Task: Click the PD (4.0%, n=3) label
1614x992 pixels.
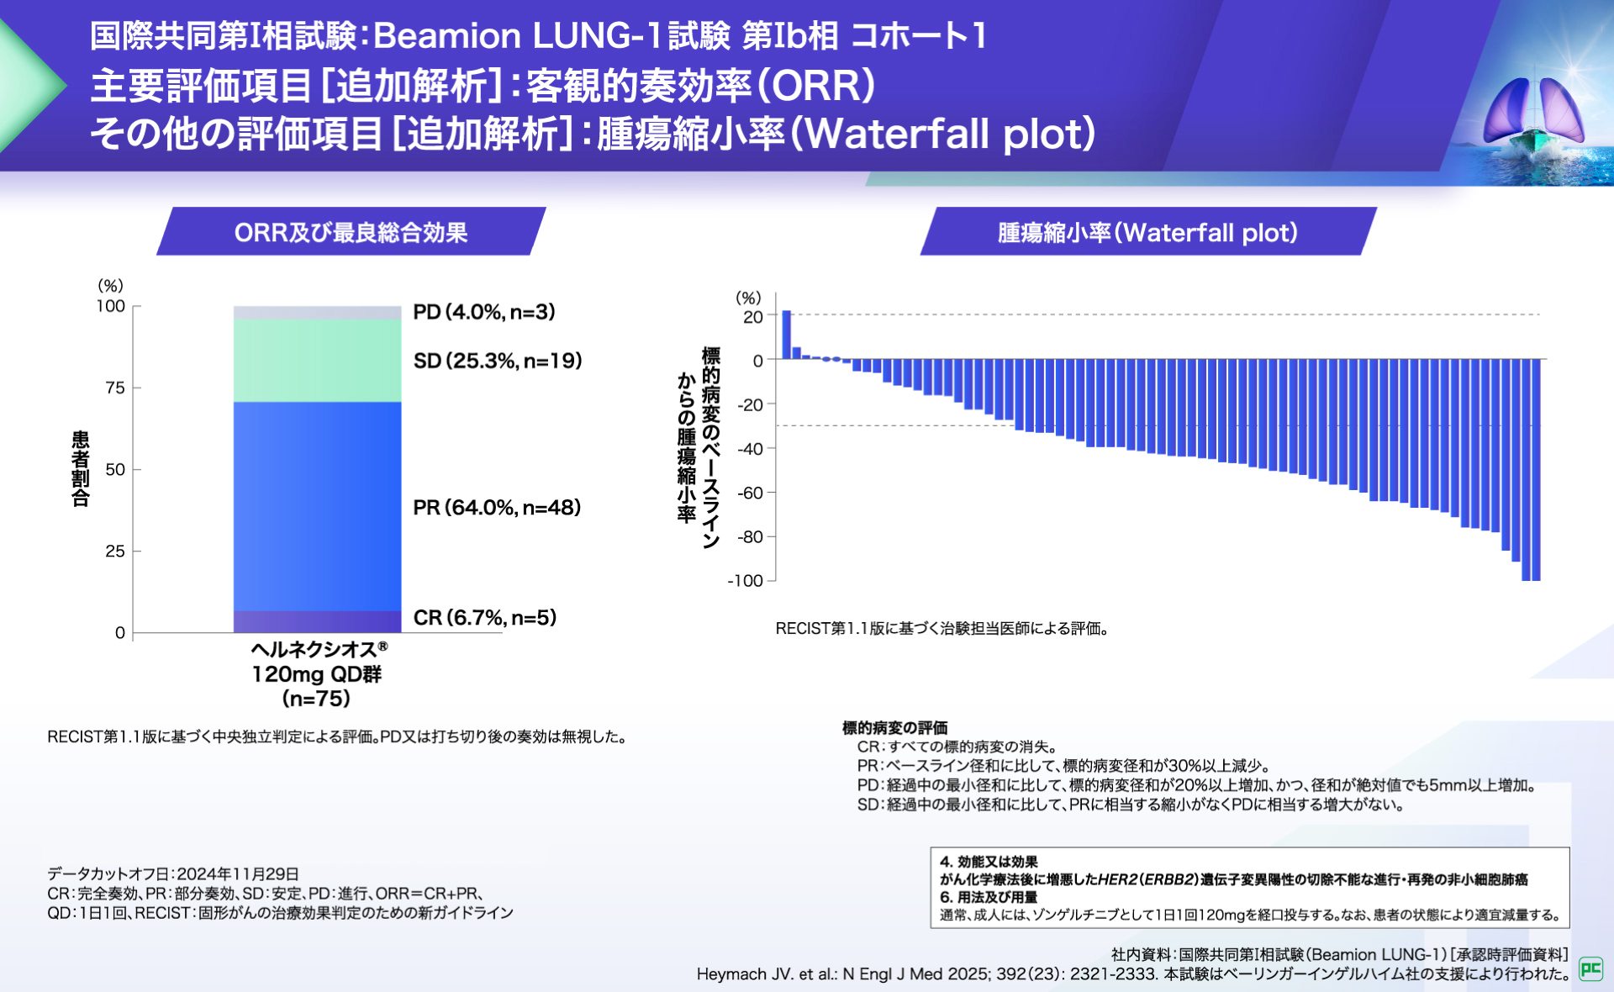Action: (483, 312)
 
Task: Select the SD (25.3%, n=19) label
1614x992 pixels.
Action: (497, 361)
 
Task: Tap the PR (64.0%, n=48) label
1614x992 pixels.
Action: (496, 508)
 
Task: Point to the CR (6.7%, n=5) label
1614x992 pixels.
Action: (484, 618)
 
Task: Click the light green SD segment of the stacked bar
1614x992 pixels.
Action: (317, 361)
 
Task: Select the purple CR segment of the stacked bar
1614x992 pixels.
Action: (317, 622)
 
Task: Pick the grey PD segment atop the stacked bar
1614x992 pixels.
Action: (317, 313)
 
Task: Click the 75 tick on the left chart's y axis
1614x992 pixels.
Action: (115, 388)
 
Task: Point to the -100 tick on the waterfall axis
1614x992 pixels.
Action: (746, 581)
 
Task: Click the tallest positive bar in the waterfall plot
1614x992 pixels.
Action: (787, 335)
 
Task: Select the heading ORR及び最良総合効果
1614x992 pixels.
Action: (351, 232)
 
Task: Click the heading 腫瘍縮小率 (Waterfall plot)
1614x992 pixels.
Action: (1147, 232)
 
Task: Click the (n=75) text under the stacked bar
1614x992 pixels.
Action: (316, 699)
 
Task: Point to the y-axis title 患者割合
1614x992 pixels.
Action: (80, 469)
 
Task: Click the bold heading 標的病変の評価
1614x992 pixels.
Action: (894, 727)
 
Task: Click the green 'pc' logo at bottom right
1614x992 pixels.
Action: (1590, 968)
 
